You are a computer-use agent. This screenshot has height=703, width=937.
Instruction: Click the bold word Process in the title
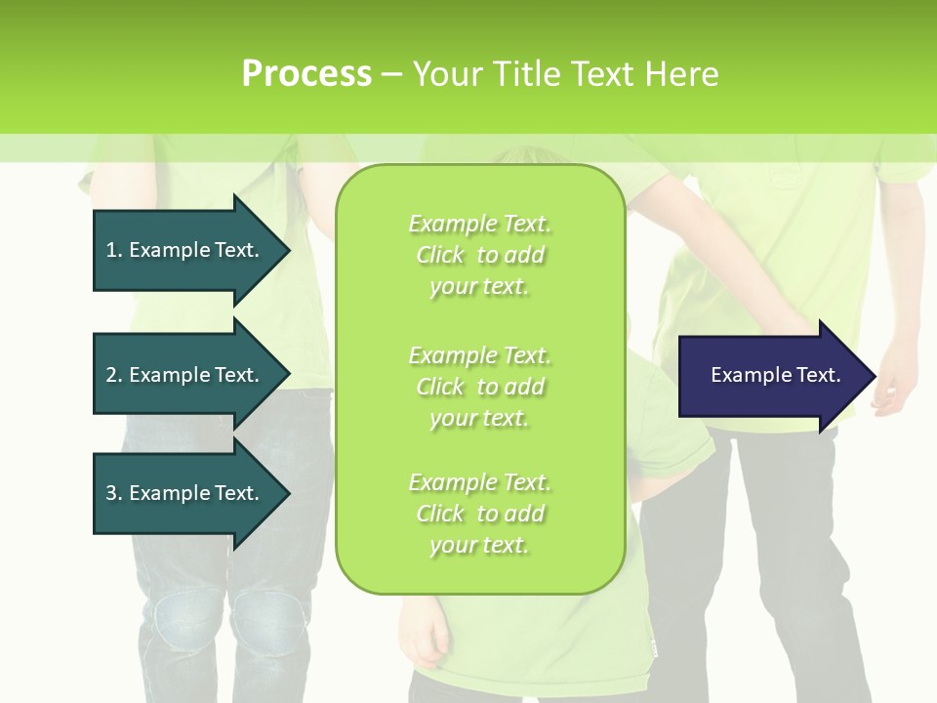(x=306, y=74)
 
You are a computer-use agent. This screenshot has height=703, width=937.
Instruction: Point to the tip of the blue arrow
(x=873, y=376)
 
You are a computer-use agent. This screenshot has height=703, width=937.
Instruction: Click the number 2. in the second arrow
(x=114, y=375)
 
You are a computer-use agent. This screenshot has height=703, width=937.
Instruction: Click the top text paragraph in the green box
(x=479, y=255)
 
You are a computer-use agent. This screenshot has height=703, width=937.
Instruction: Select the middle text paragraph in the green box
(x=479, y=387)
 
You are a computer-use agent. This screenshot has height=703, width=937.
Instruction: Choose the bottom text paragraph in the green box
(x=479, y=514)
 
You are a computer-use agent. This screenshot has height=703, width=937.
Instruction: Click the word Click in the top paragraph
(x=440, y=255)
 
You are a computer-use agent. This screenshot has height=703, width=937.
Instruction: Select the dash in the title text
(x=391, y=74)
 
